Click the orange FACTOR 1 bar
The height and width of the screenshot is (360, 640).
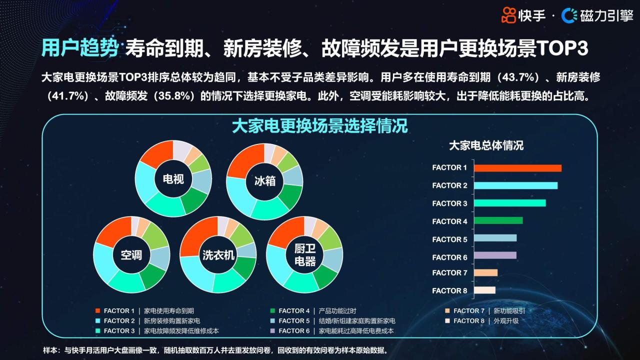click(517, 168)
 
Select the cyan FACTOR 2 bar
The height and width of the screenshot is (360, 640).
click(515, 185)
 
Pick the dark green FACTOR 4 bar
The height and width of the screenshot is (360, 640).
click(498, 220)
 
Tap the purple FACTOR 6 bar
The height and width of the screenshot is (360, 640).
click(495, 255)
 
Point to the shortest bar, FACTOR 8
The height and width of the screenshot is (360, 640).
click(484, 290)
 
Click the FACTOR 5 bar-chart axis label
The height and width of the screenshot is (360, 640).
click(449, 239)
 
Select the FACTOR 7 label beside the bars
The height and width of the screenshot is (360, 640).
click(449, 273)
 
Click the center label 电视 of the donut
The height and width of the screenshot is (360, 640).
click(173, 179)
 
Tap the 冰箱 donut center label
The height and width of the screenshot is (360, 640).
click(265, 181)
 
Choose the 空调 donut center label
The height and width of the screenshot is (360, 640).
click(131, 255)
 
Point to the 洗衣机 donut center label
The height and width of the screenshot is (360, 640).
click(218, 255)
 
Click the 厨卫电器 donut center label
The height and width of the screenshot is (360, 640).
click(305, 255)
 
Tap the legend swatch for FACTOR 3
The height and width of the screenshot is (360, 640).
click(97, 331)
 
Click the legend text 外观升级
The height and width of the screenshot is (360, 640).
click(506, 321)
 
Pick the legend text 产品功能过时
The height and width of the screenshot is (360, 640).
click(337, 311)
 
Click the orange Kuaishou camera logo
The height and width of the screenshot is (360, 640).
click(508, 15)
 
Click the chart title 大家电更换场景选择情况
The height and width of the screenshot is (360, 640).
click(319, 126)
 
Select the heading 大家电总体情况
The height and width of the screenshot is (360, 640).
click(486, 145)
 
